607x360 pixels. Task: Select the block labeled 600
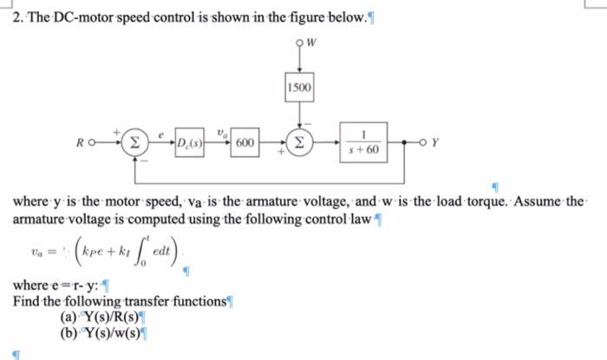click(x=245, y=142)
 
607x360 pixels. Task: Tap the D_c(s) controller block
click(x=188, y=142)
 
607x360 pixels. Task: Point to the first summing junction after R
click(x=134, y=142)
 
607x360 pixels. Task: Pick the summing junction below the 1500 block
click(x=301, y=142)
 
